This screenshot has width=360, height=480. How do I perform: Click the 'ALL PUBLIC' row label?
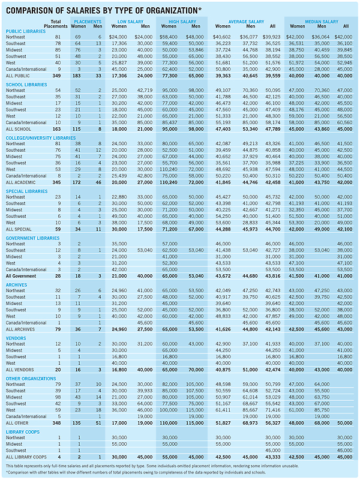17,76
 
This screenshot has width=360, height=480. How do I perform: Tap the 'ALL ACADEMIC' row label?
20,182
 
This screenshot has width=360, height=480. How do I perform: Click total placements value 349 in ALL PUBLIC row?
56,76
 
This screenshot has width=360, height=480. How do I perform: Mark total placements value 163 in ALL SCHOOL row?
56,129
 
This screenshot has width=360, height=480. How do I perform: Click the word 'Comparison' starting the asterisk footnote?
21,472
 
